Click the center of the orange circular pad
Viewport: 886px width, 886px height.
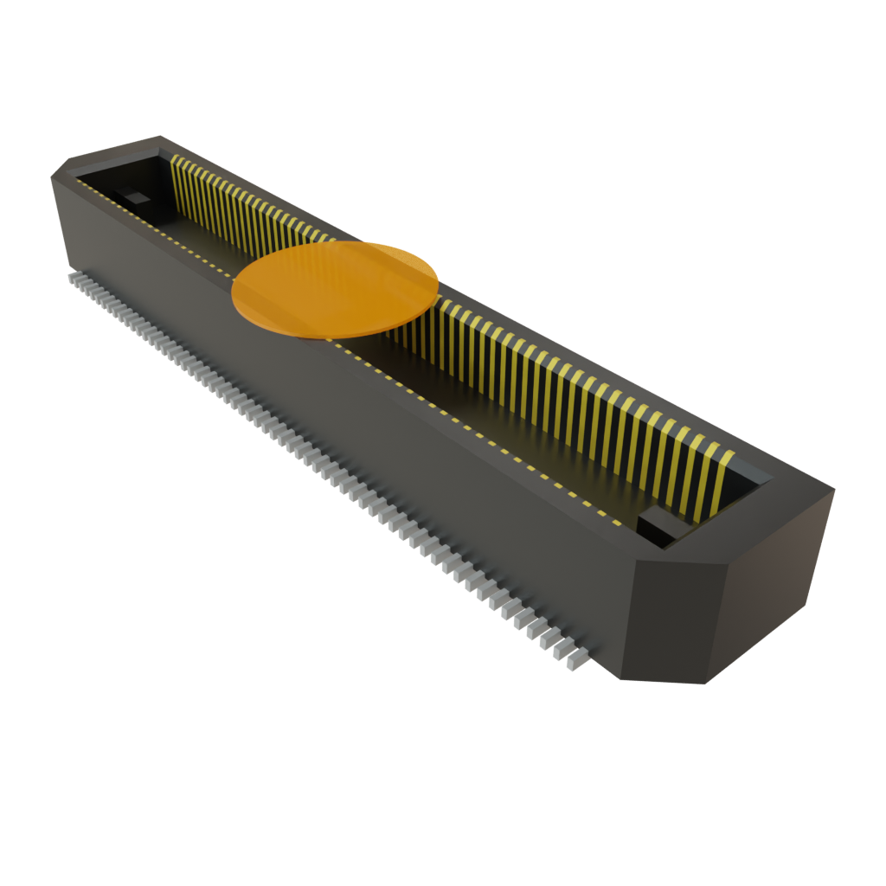tap(336, 288)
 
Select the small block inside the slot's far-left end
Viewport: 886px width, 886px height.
tap(134, 196)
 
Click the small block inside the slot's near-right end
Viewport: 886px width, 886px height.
tap(659, 526)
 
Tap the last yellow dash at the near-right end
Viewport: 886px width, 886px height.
tap(616, 523)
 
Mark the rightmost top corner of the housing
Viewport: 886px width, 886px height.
tap(834, 490)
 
